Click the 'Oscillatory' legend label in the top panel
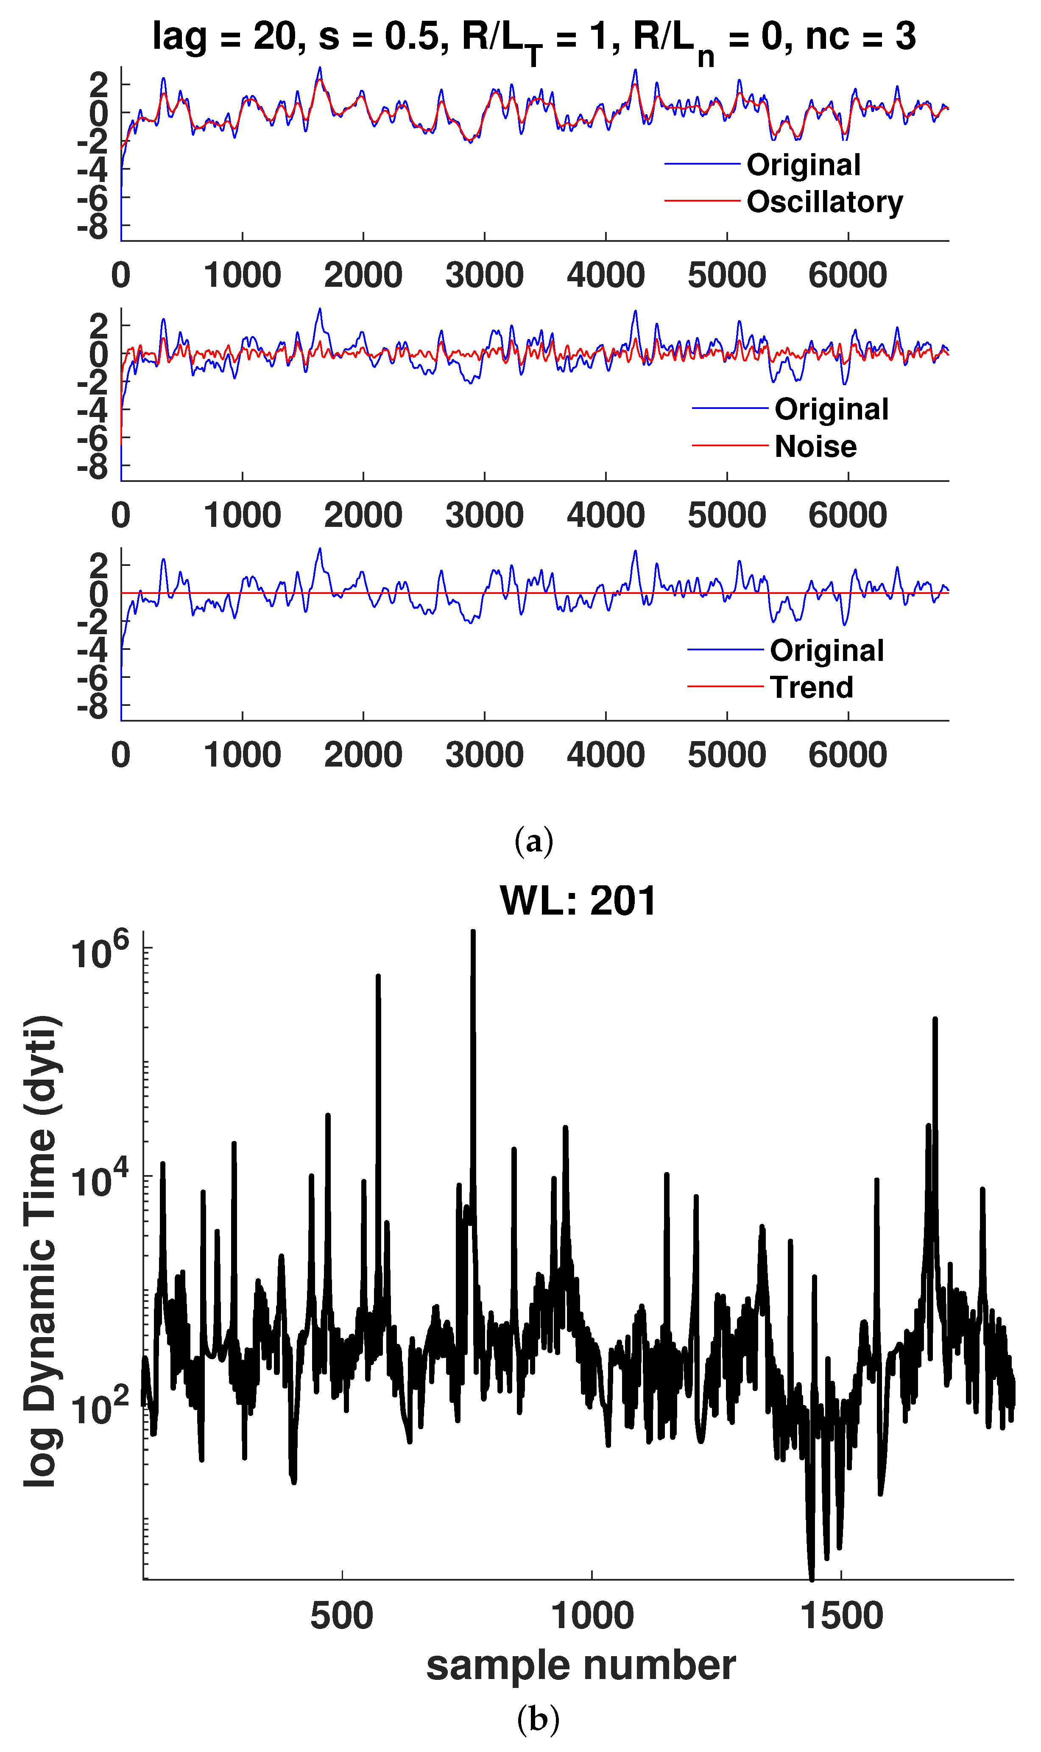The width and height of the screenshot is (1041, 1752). point(824,202)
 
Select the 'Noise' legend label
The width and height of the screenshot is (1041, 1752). point(815,447)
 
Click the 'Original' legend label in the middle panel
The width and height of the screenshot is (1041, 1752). point(831,410)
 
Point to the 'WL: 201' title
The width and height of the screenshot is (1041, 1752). point(578,901)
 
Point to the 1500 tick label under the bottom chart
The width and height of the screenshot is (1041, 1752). point(841,1616)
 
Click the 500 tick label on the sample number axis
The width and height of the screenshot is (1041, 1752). point(342,1616)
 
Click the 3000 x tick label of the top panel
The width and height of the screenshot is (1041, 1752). point(484,275)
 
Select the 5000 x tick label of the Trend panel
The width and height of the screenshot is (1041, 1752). point(727,755)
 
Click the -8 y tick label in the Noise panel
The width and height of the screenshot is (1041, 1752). point(93,467)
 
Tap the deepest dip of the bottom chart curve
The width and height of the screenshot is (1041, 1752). point(812,1578)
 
